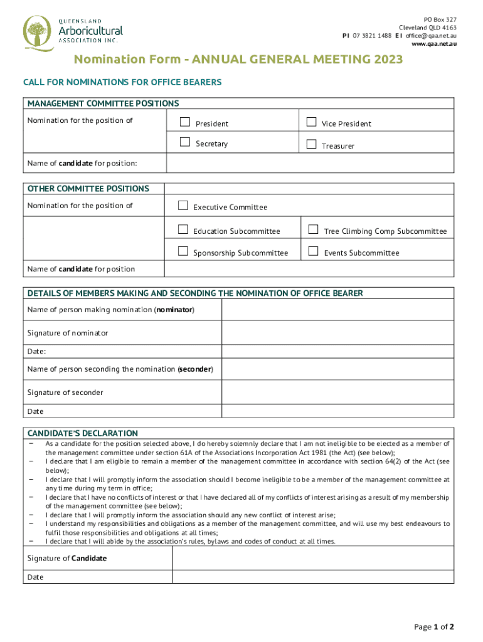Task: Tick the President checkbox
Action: coord(184,122)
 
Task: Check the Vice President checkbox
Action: coord(311,122)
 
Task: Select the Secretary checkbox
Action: coord(184,142)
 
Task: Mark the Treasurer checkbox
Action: coord(311,144)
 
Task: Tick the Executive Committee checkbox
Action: coord(183,206)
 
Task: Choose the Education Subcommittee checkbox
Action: coord(183,229)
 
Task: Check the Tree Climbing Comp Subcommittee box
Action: coord(313,229)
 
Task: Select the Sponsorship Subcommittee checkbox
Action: coord(183,251)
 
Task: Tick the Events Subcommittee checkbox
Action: coord(313,251)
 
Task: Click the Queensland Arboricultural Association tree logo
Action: coord(38,33)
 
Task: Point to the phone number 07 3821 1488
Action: coord(372,36)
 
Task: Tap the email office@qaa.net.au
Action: coord(430,36)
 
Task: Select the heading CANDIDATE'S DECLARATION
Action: coord(82,433)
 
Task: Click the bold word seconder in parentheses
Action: coord(196,369)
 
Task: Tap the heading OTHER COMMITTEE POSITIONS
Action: coord(88,189)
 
